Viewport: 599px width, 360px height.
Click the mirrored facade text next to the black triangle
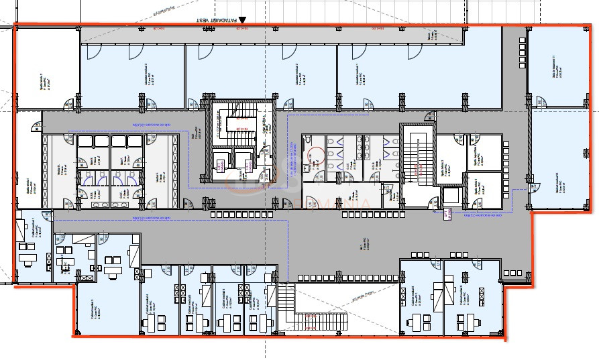[216, 20]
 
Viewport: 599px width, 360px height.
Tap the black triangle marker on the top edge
[243, 21]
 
